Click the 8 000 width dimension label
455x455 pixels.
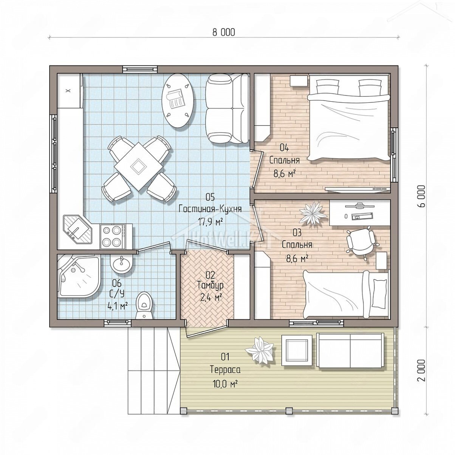click(x=223, y=32)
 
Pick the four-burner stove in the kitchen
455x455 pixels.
click(x=113, y=236)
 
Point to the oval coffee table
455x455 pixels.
click(x=178, y=101)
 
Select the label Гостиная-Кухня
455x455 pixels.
click(x=210, y=209)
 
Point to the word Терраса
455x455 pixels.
click(x=225, y=370)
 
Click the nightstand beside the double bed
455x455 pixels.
click(x=299, y=81)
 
